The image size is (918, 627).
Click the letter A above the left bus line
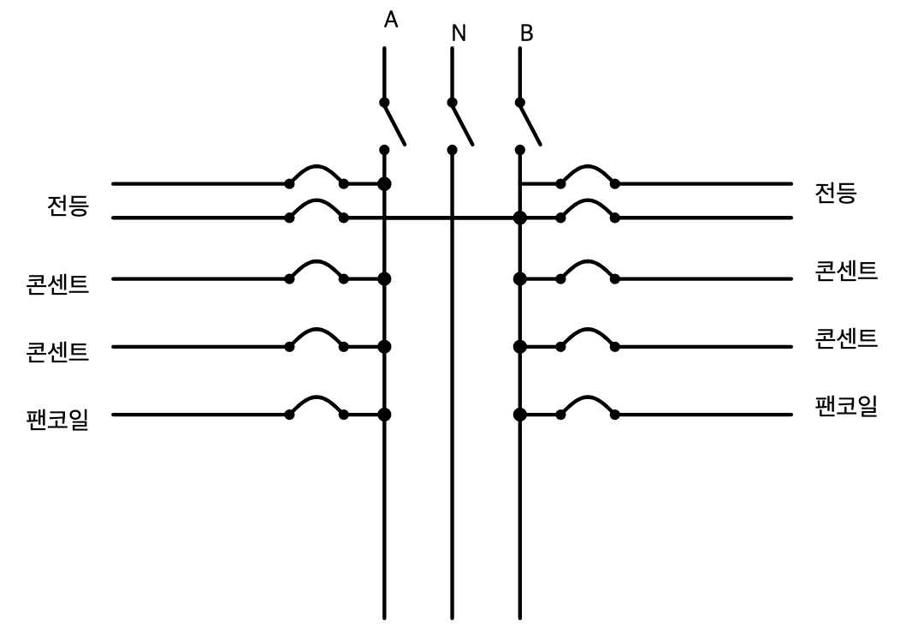tap(391, 20)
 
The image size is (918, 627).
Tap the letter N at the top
tap(459, 33)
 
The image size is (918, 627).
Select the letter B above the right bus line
tap(526, 33)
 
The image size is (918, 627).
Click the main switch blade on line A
tap(394, 123)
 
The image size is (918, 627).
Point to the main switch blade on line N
tap(463, 123)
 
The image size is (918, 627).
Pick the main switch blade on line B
tap(530, 123)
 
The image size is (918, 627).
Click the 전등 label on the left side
tap(68, 206)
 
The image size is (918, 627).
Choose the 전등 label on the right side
tap(836, 193)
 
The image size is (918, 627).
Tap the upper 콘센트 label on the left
tap(57, 284)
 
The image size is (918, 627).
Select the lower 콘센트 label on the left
tap(57, 352)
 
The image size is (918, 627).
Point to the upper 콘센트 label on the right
tap(847, 271)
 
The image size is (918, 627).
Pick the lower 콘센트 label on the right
tap(847, 338)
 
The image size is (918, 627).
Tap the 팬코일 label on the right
tap(847, 406)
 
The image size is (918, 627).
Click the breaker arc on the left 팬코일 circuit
tap(317, 397)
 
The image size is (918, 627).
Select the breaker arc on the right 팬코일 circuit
tap(588, 397)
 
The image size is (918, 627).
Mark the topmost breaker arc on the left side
tap(317, 166)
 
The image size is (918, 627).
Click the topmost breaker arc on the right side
tap(588, 166)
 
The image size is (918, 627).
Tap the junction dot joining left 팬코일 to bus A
tap(384, 415)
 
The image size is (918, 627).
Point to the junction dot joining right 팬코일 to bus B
tap(520, 415)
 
